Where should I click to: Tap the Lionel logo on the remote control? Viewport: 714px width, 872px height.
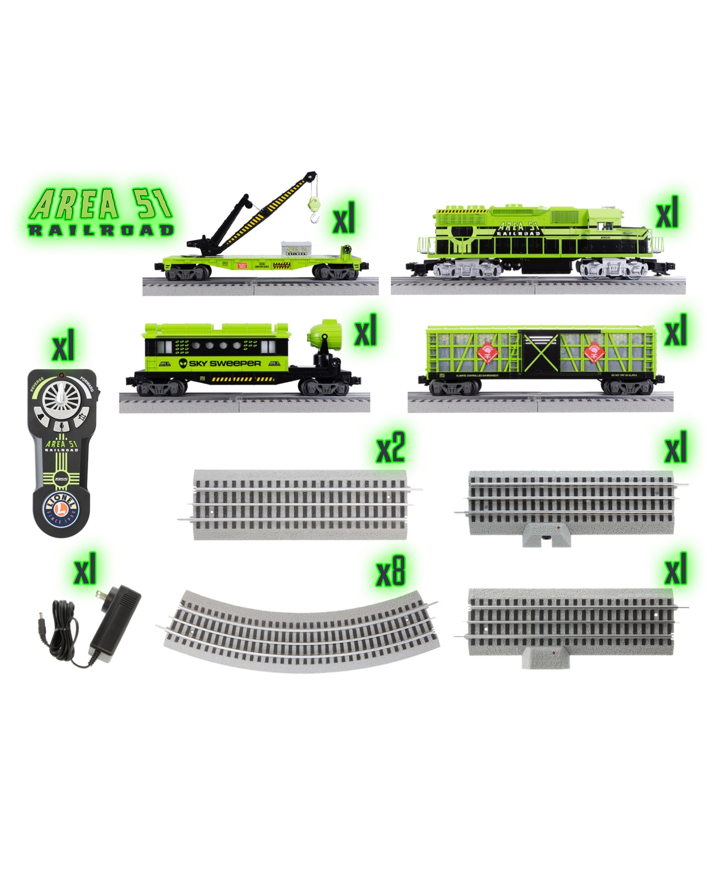[62, 509]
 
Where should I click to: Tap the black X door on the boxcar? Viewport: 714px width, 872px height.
[540, 354]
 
